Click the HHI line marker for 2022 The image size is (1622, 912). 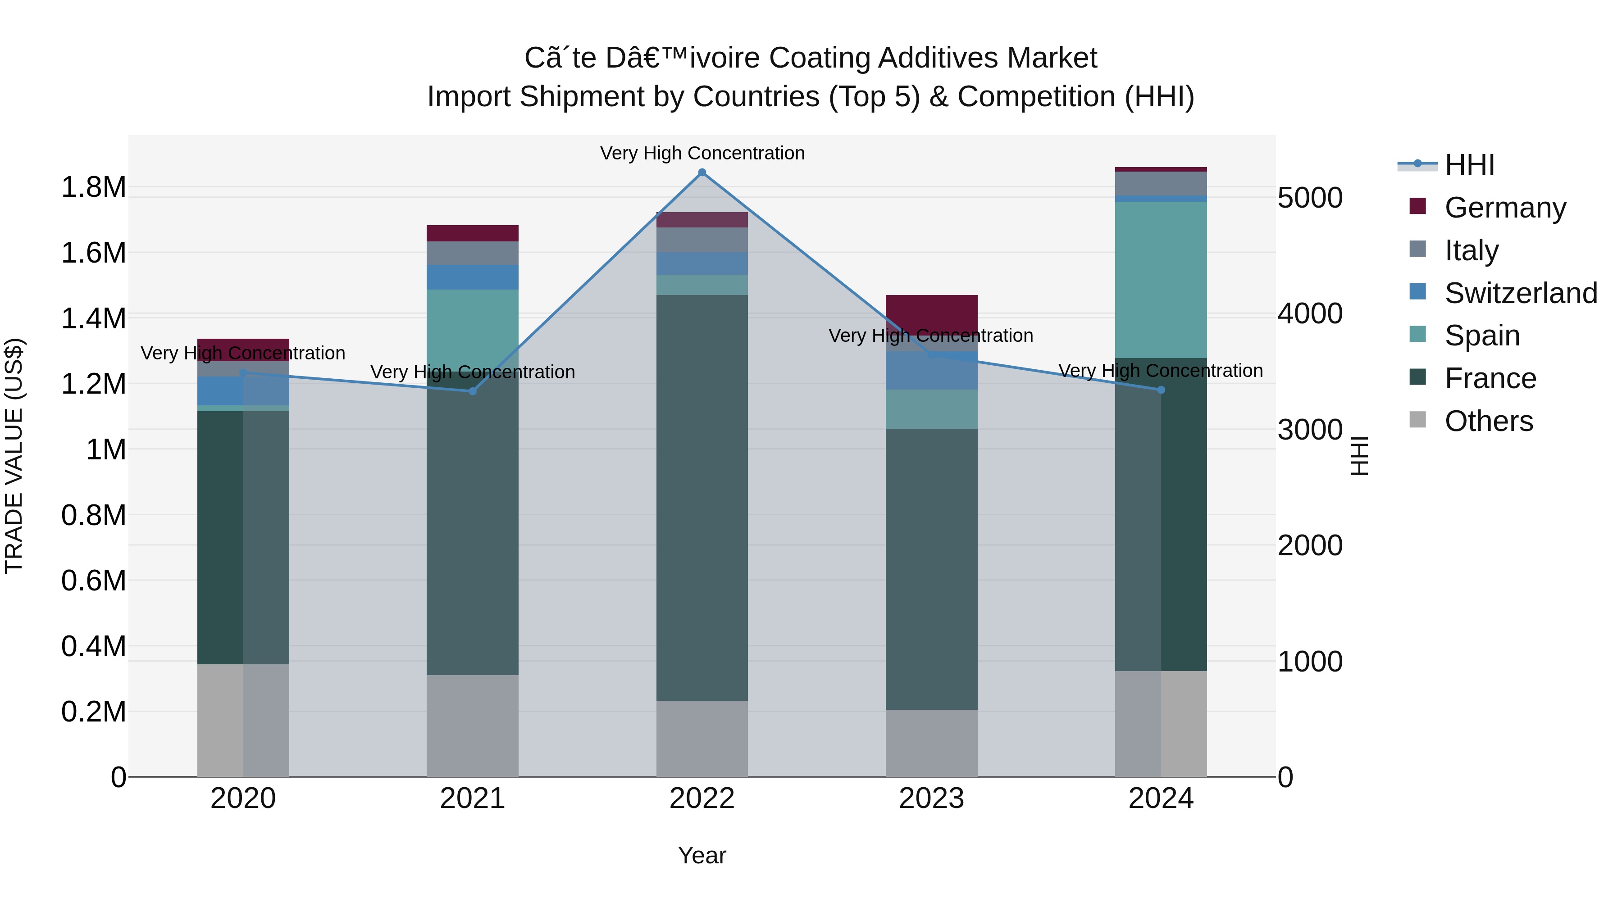click(x=702, y=172)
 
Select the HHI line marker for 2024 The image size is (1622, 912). click(x=1161, y=390)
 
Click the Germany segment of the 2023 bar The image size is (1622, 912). click(x=931, y=313)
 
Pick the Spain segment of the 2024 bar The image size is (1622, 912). click(x=1161, y=280)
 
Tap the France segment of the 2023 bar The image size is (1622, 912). click(x=931, y=570)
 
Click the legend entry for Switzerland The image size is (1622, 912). click(x=1520, y=293)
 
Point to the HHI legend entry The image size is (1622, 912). click(x=1469, y=165)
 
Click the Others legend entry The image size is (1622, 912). click(x=1488, y=421)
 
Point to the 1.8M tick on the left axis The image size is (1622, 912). click(x=93, y=187)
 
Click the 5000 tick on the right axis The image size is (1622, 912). click(x=1310, y=198)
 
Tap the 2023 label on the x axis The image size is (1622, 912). click(x=931, y=799)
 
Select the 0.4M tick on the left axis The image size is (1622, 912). click(x=93, y=646)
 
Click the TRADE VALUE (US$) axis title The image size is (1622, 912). click(x=14, y=456)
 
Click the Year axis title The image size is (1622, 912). click(x=702, y=855)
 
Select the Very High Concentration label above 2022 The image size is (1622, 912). click(x=702, y=153)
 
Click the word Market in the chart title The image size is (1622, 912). click(x=1052, y=58)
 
